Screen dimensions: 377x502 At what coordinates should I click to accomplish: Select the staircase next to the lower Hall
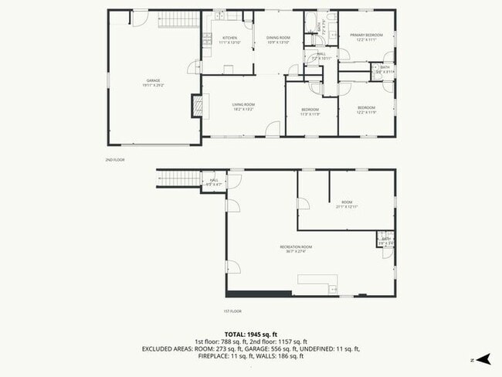coord(176,180)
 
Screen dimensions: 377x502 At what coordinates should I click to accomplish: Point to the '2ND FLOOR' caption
coord(114,160)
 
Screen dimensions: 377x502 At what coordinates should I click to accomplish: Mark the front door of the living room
coord(271,137)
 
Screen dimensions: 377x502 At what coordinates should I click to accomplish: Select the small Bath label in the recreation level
coord(386,241)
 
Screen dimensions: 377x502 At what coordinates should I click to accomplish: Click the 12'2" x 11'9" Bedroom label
coord(366,109)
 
